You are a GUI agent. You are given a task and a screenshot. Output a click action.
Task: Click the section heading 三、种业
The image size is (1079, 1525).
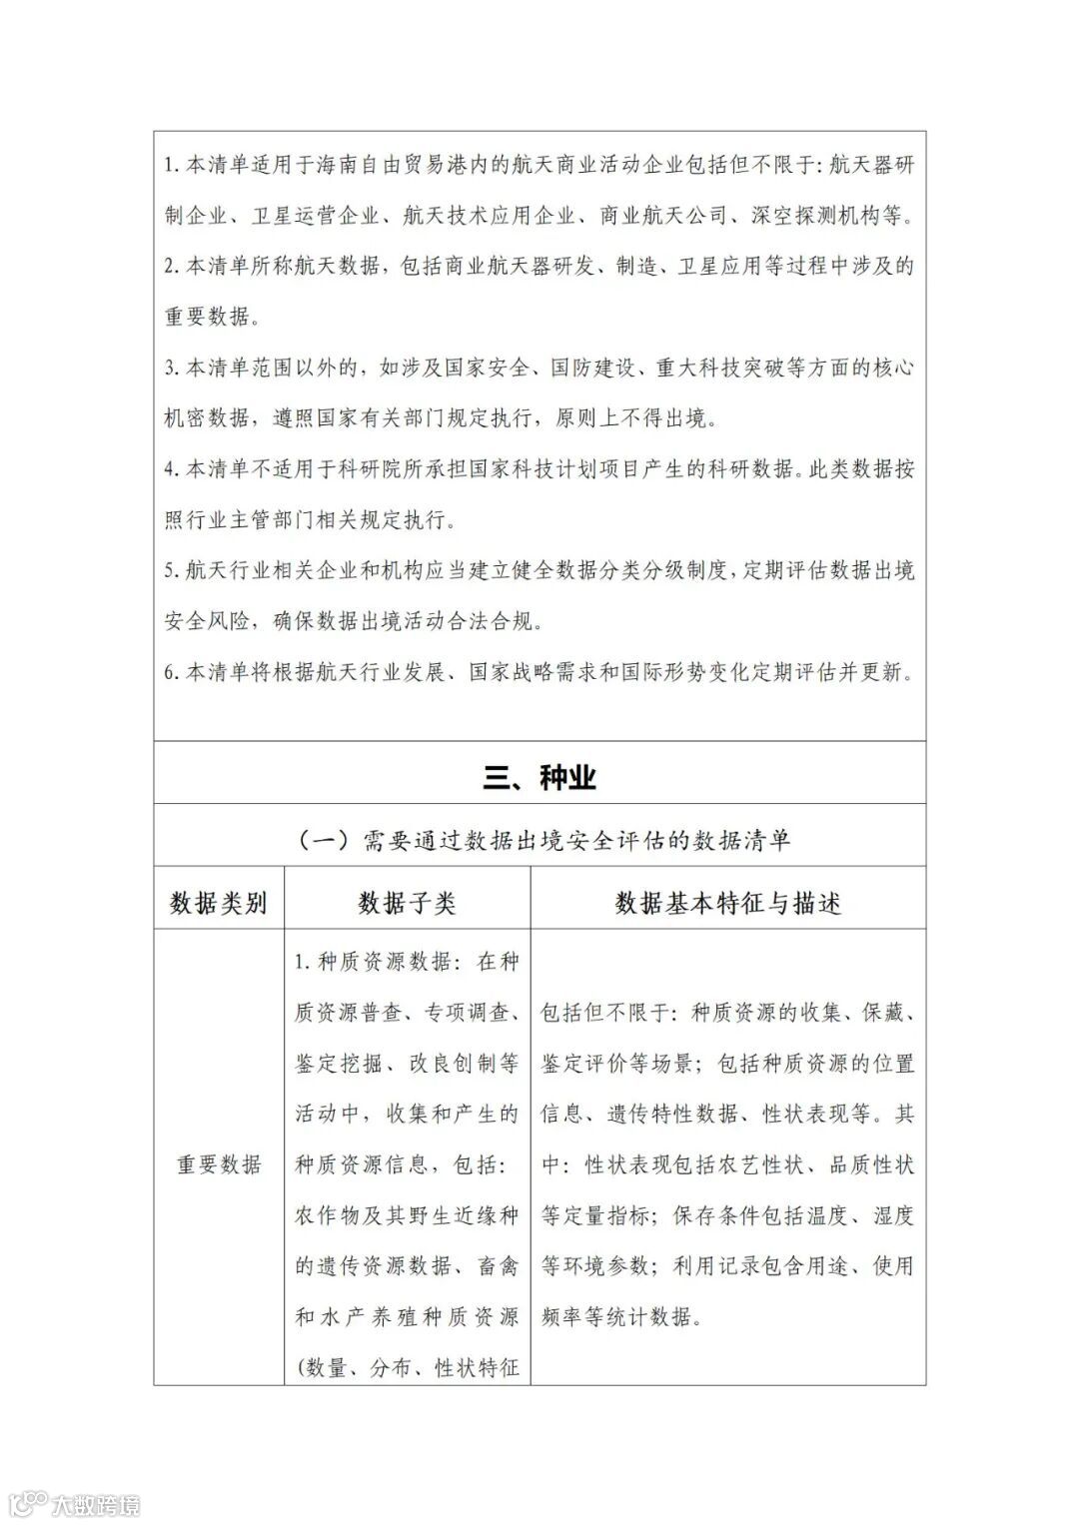point(539,777)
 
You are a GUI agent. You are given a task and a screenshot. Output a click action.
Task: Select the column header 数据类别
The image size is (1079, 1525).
point(218,903)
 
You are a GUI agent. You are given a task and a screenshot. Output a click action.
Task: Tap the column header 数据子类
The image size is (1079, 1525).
point(407,903)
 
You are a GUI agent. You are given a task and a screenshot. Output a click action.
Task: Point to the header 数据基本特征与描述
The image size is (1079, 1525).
point(727,903)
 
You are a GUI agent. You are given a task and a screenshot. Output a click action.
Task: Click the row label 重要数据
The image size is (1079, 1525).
point(219,1164)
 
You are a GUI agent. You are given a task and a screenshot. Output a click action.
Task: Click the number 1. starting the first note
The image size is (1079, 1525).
point(171,165)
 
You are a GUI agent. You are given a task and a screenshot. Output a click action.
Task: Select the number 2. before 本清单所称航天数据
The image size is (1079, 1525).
point(171,267)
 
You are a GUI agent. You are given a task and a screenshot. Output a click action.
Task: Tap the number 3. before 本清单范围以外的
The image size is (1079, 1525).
point(171,368)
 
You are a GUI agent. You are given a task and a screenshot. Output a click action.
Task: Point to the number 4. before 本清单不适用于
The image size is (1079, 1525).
point(171,469)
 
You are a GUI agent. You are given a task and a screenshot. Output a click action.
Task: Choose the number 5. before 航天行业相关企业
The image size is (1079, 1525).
point(171,571)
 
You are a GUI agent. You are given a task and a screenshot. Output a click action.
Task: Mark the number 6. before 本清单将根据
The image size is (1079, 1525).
point(171,672)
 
